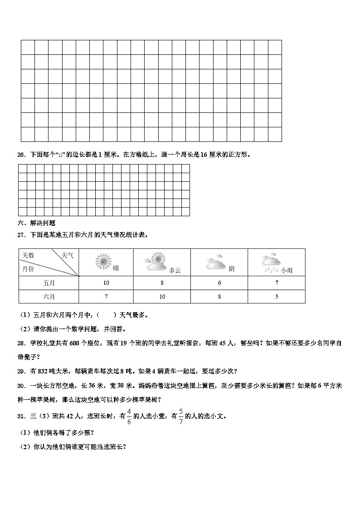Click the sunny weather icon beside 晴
103,262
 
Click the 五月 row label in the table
49,283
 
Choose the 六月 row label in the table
49,297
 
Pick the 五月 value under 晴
106,283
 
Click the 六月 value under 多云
162,297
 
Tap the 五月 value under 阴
219,283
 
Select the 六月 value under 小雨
277,297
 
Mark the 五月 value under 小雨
277,283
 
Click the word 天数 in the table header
28,256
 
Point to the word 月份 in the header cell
28,269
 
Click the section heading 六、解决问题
36,223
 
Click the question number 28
20,344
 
